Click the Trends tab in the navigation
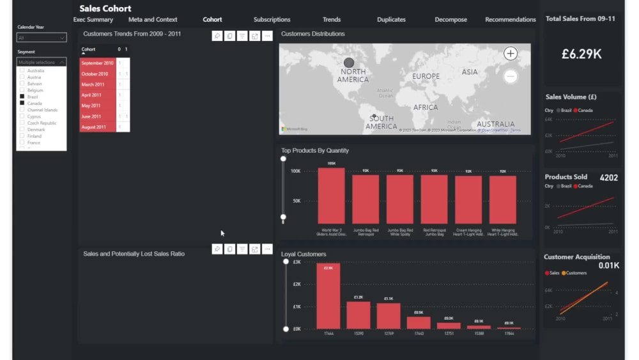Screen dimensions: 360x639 click(332, 20)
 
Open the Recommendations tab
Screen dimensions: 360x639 click(510, 20)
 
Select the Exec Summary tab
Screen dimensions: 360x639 click(93, 20)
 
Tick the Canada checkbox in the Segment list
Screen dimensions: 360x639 click(22, 103)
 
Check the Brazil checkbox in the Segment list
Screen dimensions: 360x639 click(22, 97)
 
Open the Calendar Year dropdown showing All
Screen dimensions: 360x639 click(42, 38)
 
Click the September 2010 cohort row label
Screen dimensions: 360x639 click(97, 63)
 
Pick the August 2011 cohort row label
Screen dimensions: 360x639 click(94, 127)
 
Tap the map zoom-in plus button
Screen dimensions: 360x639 click(510, 54)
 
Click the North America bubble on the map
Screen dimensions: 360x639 click(348, 63)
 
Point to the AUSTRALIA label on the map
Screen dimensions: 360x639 click(495, 124)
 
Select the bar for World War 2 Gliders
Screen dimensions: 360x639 click(331, 196)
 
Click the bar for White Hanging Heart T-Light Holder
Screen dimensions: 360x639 click(502, 200)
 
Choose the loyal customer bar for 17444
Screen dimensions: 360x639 click(328, 296)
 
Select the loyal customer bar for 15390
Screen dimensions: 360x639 click(358, 315)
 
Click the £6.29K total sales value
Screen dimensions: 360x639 click(581, 54)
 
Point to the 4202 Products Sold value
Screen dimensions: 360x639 click(608, 177)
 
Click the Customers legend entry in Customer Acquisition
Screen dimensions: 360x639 click(576, 273)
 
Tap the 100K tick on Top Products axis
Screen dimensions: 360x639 click(296, 171)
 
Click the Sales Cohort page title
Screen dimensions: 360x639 click(105, 8)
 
